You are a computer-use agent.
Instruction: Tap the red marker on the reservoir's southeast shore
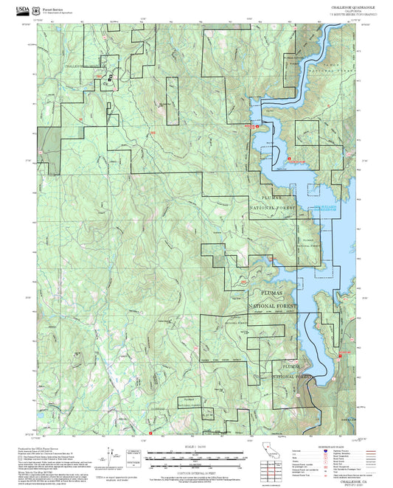click(x=342, y=355)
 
